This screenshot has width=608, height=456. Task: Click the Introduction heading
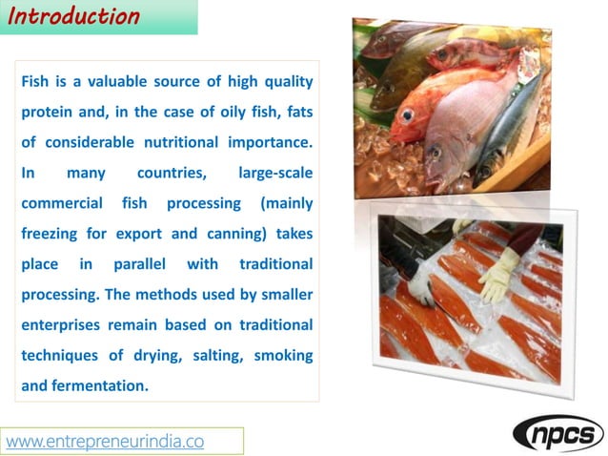pos(75,16)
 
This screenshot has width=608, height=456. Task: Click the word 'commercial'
pos(62,203)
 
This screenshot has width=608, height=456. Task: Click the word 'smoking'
pos(284,355)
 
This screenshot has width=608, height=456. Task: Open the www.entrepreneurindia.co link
pos(106,441)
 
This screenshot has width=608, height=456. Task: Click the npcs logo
pos(558,433)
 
